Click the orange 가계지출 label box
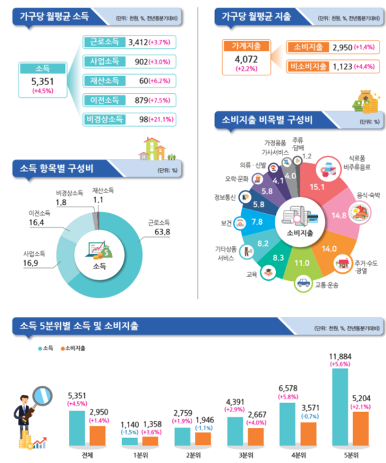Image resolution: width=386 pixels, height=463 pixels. (x=243, y=46)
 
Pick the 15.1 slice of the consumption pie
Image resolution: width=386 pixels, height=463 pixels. (x=318, y=186)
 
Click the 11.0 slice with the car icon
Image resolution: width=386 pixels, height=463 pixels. (x=301, y=262)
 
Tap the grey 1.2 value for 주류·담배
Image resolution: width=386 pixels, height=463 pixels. (x=306, y=156)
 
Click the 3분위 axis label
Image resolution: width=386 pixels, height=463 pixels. (x=246, y=455)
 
